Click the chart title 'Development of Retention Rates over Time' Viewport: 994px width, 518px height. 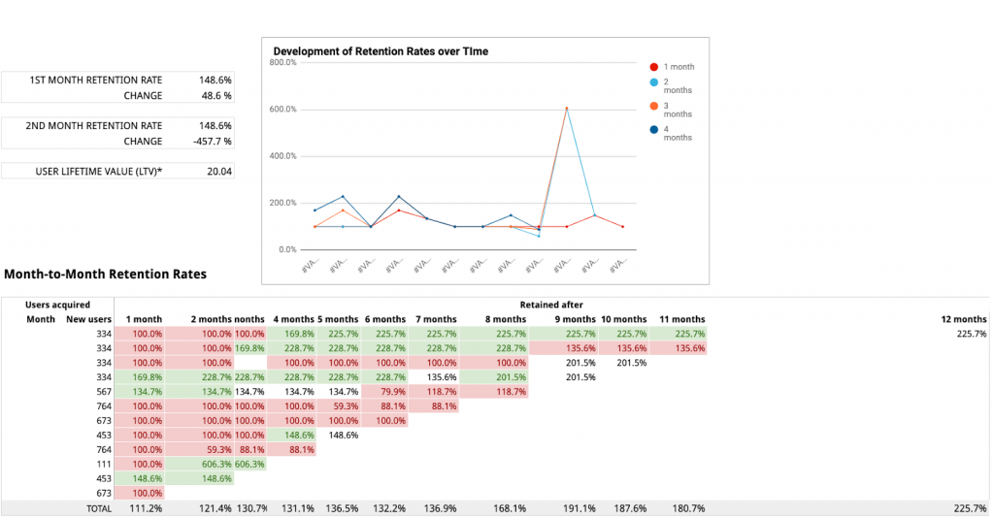pos(381,50)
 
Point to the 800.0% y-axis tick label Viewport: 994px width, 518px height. pos(282,63)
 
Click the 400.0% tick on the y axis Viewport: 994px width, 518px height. pos(282,156)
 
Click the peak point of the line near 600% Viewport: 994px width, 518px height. pos(566,108)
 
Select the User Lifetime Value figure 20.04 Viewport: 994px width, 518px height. pos(218,172)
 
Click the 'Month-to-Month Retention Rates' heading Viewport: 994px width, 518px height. pos(105,275)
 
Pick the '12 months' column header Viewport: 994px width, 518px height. pos(963,319)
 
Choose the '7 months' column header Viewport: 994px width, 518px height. pos(435,319)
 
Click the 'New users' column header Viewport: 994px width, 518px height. pos(89,319)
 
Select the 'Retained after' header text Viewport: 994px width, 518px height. pos(551,305)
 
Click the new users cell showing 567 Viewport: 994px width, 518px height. pos(103,392)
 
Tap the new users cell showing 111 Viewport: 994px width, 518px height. pos(103,465)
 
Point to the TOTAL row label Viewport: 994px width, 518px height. pos(99,508)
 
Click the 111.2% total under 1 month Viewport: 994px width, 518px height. pos(146,508)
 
